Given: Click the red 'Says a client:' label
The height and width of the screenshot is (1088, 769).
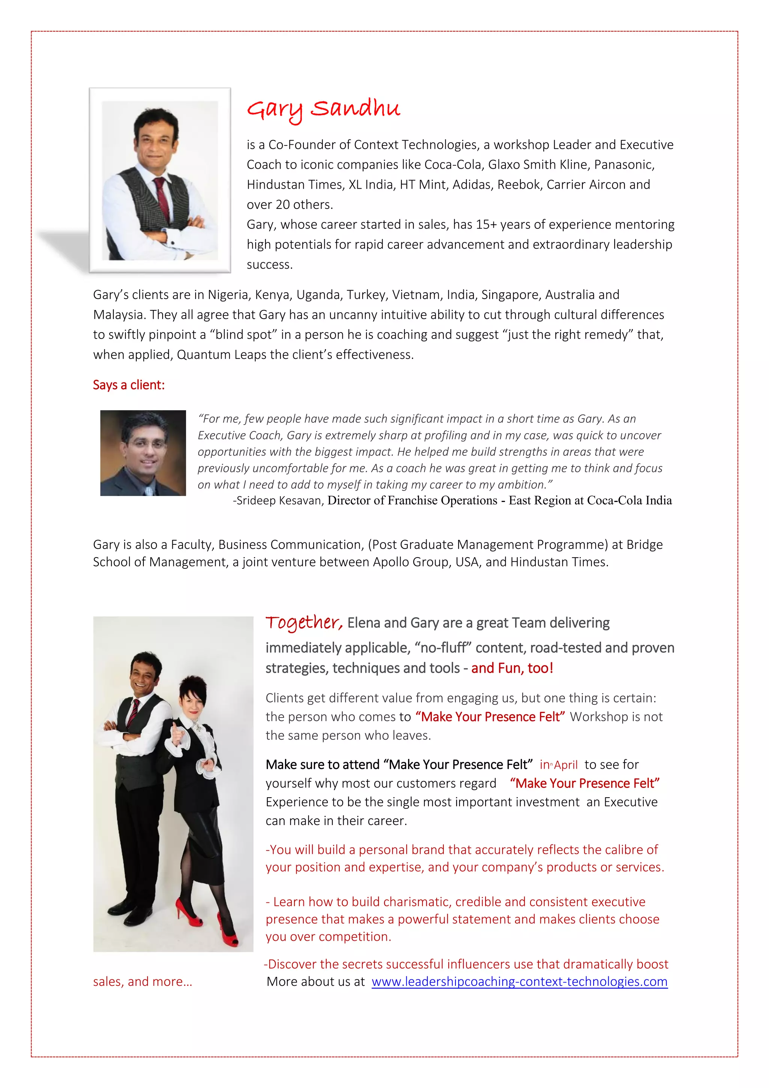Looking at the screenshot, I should (129, 385).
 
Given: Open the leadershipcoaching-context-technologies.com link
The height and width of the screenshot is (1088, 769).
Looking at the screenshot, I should (519, 981).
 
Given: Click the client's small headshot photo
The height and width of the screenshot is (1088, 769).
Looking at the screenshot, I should (143, 453).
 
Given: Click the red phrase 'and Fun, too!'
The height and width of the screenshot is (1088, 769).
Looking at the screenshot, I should (512, 668).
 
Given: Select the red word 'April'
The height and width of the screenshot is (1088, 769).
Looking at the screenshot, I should (566, 765).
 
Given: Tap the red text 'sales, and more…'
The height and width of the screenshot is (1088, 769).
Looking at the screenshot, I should (143, 981).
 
